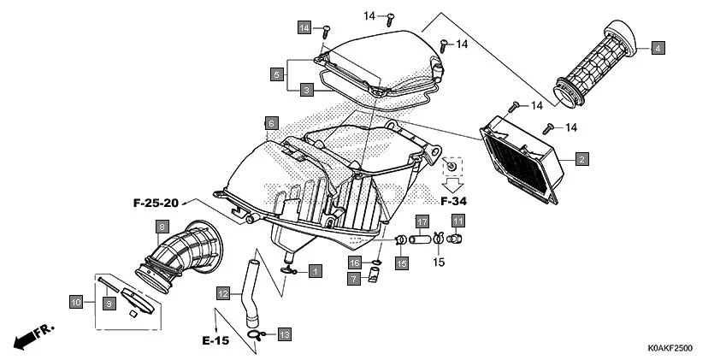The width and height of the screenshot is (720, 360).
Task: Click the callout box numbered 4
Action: (x=657, y=48)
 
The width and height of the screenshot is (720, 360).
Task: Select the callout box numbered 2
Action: (x=581, y=159)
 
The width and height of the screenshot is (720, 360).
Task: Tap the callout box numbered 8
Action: (x=161, y=227)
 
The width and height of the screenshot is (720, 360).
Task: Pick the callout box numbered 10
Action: (x=76, y=301)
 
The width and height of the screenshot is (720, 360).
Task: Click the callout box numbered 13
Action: (x=284, y=333)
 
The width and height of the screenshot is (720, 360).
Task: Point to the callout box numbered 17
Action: (x=422, y=221)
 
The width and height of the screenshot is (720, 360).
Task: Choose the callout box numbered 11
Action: (x=457, y=221)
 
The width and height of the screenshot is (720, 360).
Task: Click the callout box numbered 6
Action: (x=269, y=124)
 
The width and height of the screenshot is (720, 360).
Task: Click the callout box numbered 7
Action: (x=354, y=278)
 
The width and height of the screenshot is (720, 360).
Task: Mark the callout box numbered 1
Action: (x=315, y=271)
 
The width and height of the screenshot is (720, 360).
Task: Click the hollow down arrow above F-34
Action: (x=452, y=183)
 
